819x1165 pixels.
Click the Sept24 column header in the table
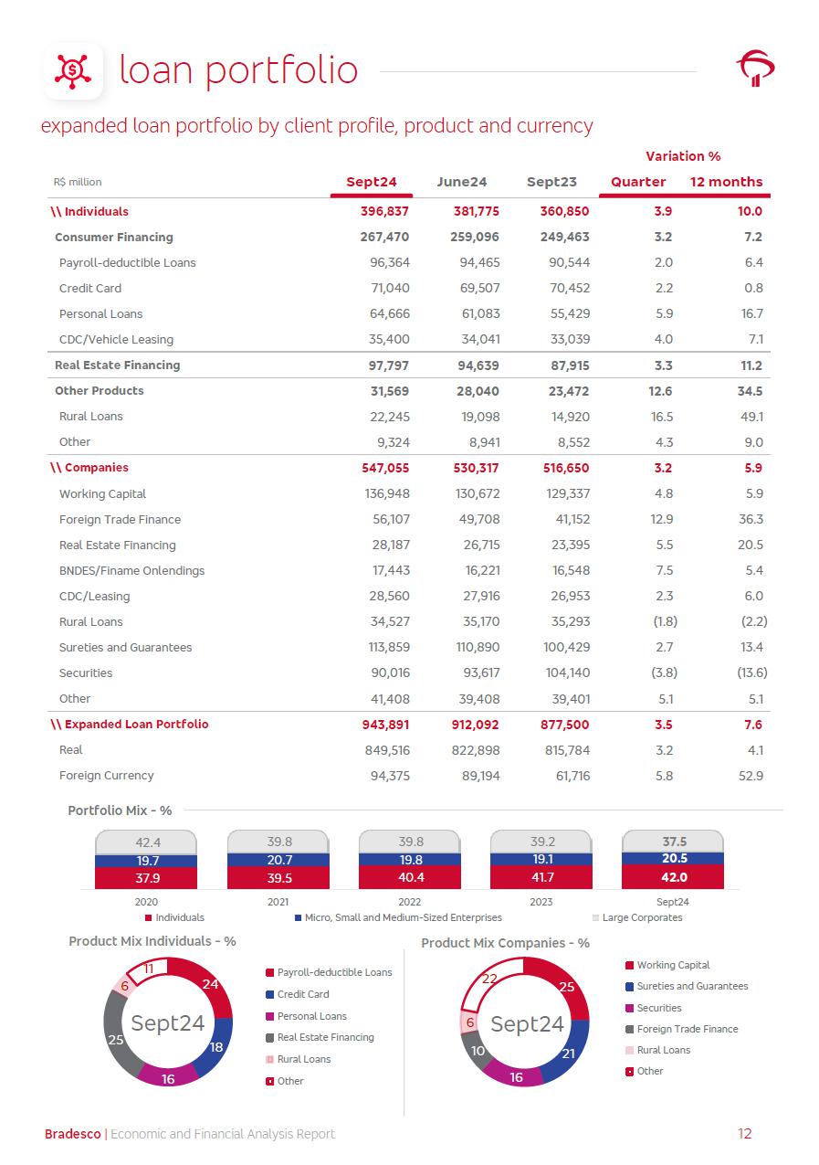[x=372, y=182]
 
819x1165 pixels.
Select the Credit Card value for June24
[x=478, y=288]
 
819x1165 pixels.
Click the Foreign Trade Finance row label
[x=120, y=519]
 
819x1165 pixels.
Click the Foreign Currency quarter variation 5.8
[x=664, y=776]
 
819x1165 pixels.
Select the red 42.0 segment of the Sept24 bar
[x=674, y=877]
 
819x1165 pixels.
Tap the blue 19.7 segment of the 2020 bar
[x=147, y=860]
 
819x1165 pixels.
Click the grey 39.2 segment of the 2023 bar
[x=542, y=842]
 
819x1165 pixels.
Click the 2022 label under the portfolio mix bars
[x=410, y=902]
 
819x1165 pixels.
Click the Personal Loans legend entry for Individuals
[x=311, y=1016]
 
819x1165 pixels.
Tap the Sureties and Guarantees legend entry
[x=691, y=986]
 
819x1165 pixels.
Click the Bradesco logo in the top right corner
[x=755, y=69]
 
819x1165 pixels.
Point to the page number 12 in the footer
[x=744, y=1134]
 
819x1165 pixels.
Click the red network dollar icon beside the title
[x=73, y=69]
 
